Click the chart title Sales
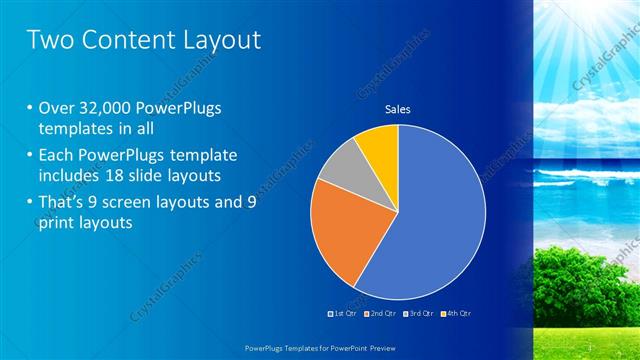click(398, 109)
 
